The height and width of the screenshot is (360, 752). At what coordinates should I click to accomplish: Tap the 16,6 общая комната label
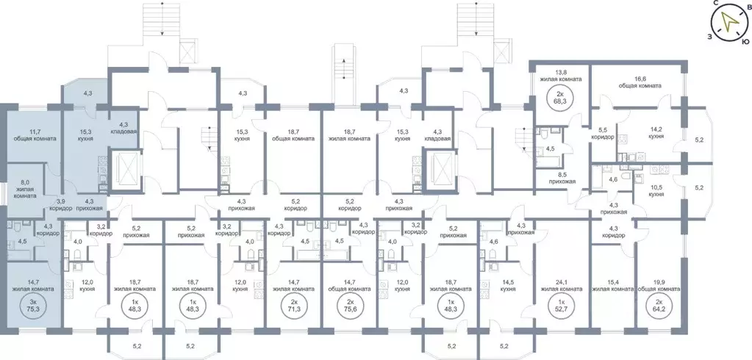[x=640, y=82]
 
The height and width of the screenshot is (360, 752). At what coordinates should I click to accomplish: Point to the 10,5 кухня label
[x=656, y=190]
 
